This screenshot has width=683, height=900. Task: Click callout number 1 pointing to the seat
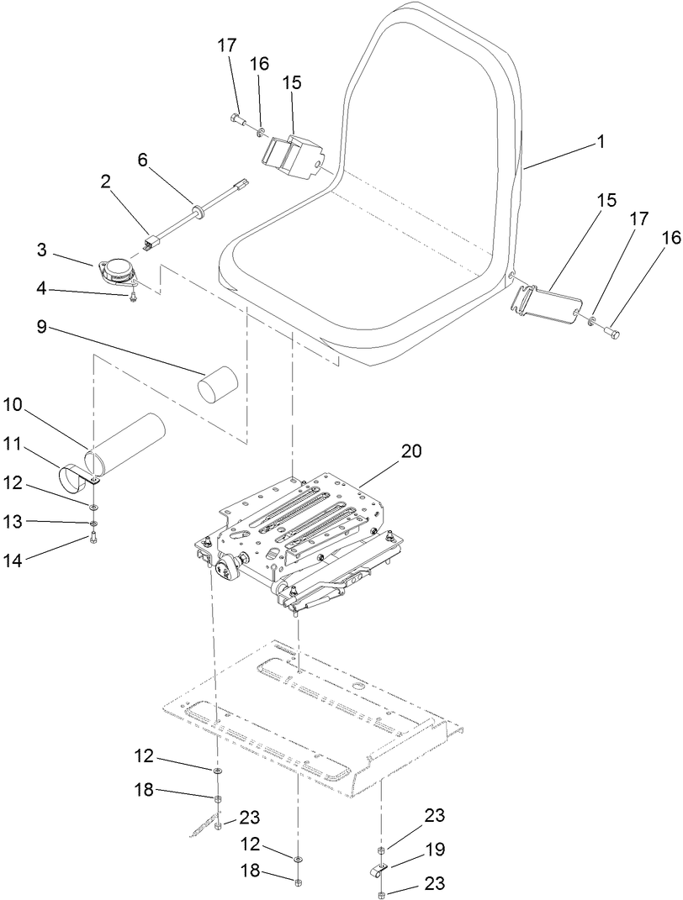pos(601,142)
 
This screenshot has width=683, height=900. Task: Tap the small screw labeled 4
pos(133,297)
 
